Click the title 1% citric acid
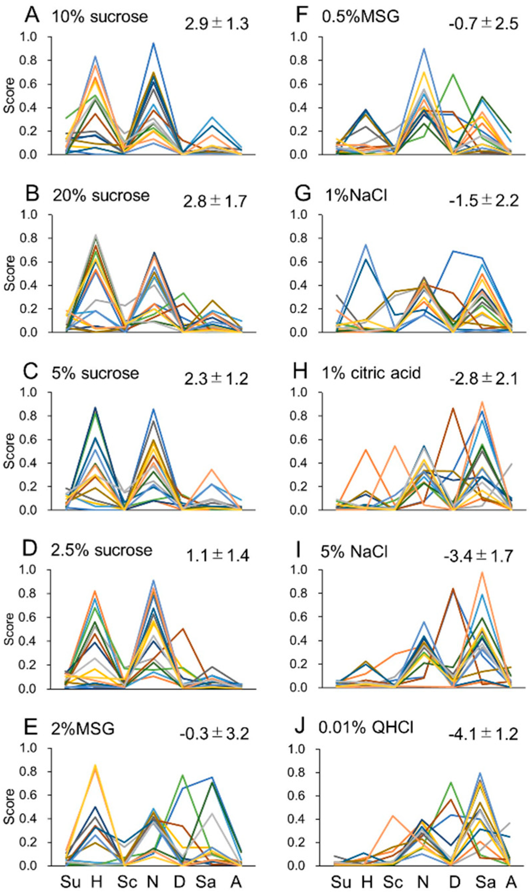[x=371, y=372]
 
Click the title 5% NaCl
[x=354, y=550]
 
